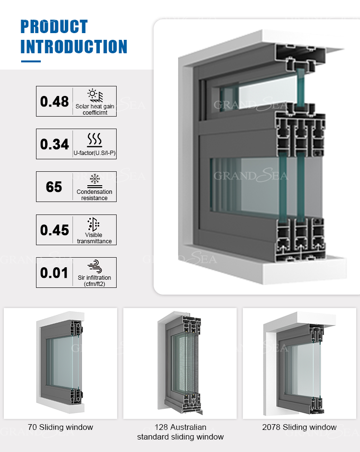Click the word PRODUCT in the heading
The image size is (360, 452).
54,26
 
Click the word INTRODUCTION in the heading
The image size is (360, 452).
73,47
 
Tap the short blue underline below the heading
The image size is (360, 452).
31,61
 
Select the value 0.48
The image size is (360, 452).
54,101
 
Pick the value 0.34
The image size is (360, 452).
54,144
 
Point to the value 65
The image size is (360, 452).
54,187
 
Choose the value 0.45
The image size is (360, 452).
54,230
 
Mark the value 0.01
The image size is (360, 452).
54,273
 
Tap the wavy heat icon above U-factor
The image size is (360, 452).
94,140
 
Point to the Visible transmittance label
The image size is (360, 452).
94,238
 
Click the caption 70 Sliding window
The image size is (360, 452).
60,427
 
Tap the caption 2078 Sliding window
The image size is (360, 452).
299,427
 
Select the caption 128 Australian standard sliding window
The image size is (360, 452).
180,432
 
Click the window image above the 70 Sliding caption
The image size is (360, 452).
60,363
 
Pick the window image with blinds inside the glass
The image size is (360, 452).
180,363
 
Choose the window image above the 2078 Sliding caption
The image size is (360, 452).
299,363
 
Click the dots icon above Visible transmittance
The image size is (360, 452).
94,224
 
